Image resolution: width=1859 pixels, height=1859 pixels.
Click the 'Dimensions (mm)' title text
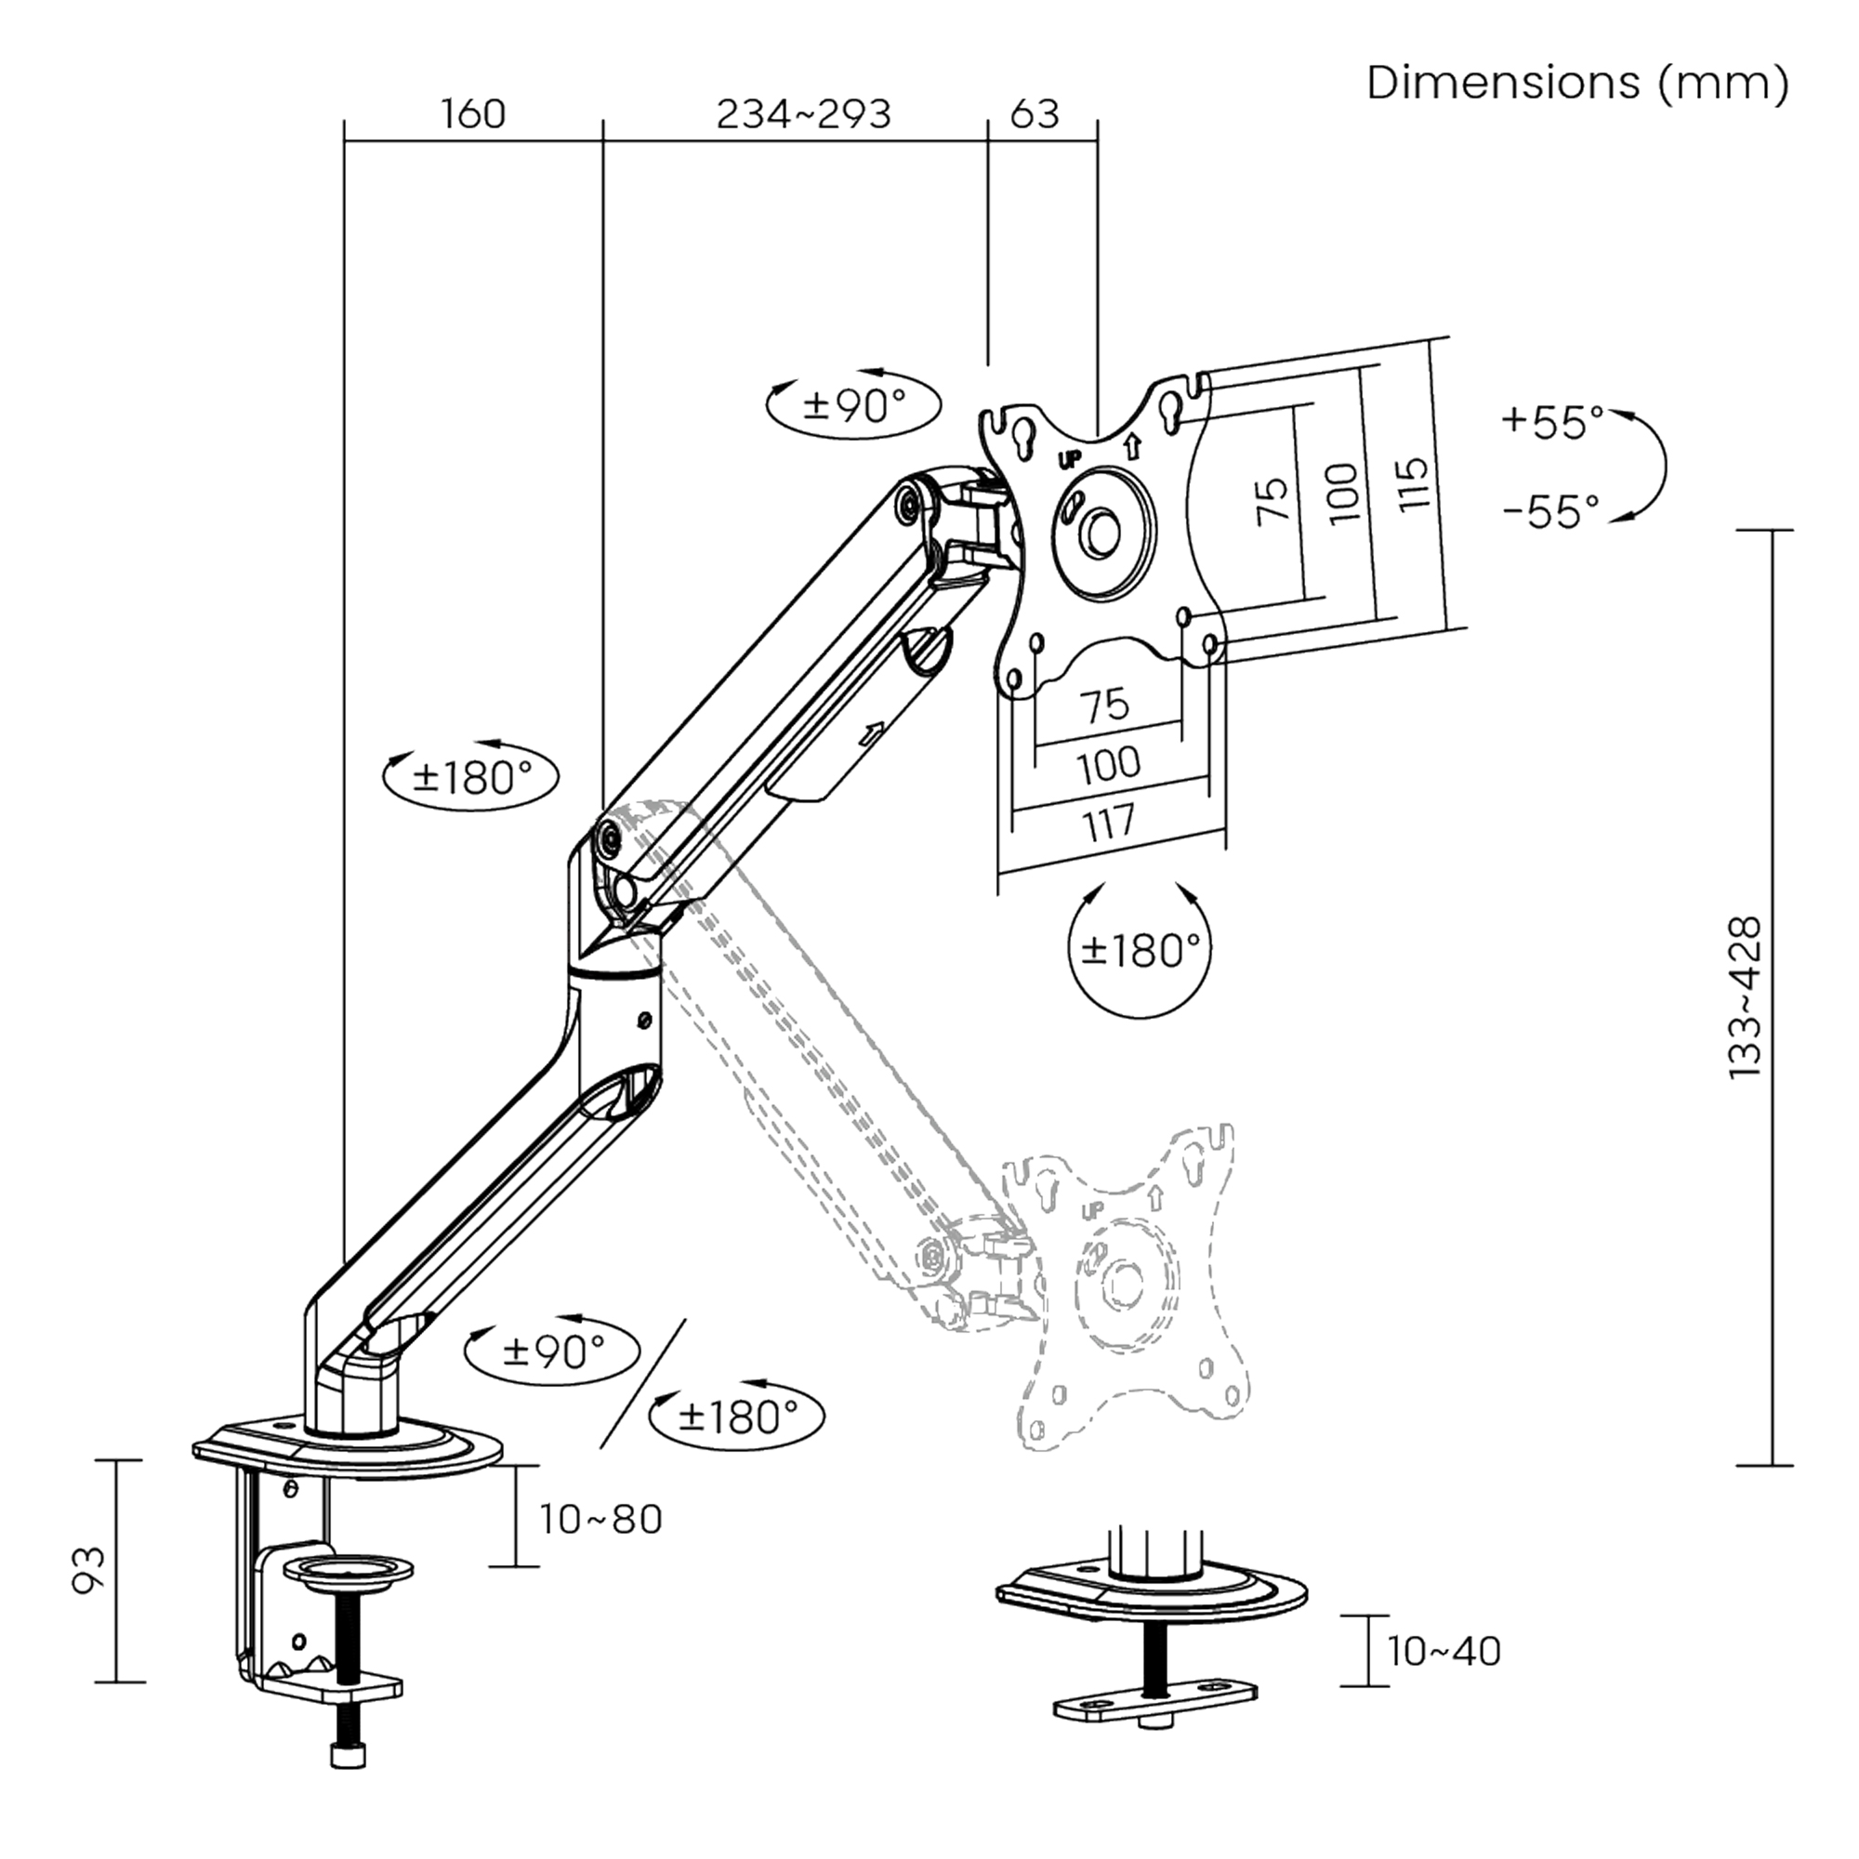(1577, 84)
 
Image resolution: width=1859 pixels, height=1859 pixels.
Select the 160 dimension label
(472, 114)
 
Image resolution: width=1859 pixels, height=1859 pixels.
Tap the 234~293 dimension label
(803, 114)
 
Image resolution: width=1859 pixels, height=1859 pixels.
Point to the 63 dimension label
(1035, 114)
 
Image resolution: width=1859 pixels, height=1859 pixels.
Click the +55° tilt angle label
(1552, 421)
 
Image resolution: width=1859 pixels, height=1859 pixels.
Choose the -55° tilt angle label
(1550, 512)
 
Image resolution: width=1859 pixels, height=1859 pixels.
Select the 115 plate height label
(1412, 484)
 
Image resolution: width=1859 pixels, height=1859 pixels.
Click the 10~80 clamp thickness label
(600, 1520)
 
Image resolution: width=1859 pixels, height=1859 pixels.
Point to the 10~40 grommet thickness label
(1444, 1651)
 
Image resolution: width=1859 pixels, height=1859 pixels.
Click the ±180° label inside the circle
(1140, 952)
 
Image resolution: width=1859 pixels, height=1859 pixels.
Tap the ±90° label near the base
(552, 1351)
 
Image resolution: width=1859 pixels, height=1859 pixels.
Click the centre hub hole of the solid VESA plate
(1101, 531)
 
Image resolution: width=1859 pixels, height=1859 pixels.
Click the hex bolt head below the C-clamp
(348, 1757)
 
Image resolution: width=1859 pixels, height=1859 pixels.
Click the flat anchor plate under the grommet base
(1154, 1698)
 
